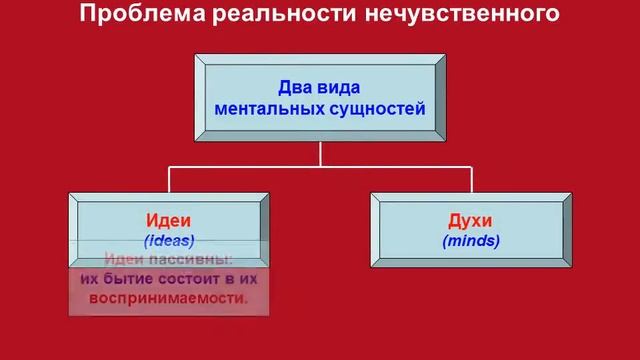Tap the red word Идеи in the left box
point(168,220)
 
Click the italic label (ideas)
point(168,240)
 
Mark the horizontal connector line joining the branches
point(320,165)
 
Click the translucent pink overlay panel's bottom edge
point(168,315)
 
